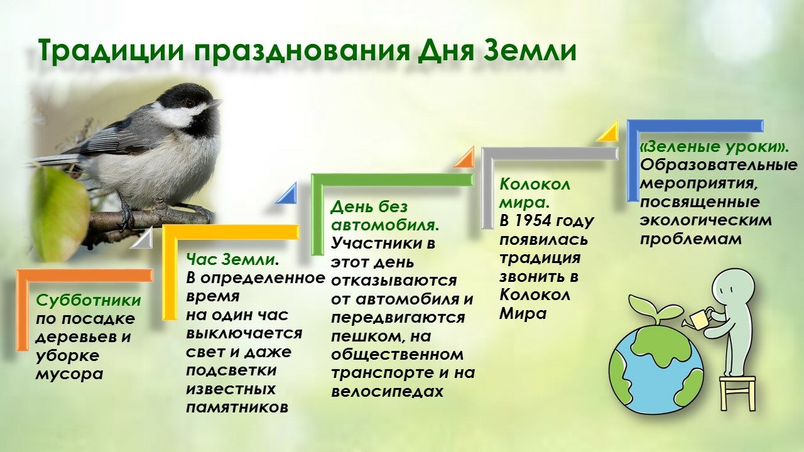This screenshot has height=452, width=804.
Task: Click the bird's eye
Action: pyautogui.click(x=190, y=104)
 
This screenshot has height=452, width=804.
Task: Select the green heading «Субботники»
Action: pyautogui.click(x=89, y=301)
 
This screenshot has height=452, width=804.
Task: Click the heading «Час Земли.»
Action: pyautogui.click(x=232, y=259)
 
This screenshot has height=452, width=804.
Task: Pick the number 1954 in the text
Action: pyautogui.click(x=531, y=221)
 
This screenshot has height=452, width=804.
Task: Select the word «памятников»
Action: pyautogui.click(x=237, y=407)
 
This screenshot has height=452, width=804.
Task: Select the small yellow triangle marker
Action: pyautogui.click(x=608, y=131)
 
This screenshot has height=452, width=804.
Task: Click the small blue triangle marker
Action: pyautogui.click(x=286, y=194)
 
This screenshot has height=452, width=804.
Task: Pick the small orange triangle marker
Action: pyautogui.click(x=464, y=158)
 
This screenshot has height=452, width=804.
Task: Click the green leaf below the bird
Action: pyautogui.click(x=60, y=213)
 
